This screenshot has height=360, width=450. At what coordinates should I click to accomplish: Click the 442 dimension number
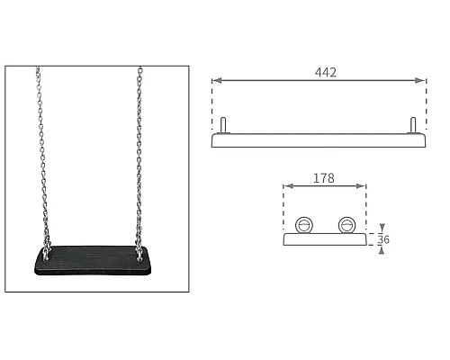pos(326,72)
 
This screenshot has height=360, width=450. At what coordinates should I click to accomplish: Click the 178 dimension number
pos(324,178)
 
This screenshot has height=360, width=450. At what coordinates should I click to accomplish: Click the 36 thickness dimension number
pos(383,239)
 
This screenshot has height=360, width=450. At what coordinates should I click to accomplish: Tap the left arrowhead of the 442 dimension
pos(217,80)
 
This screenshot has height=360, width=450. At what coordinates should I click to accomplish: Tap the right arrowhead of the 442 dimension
pos(420,80)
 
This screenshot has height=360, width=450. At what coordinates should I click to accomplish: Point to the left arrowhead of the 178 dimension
pos(288,186)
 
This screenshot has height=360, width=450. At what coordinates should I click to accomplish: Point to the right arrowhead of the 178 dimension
pos(360,186)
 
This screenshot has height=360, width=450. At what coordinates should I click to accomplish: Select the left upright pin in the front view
pos(223,125)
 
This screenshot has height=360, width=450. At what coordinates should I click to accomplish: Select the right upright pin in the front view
pos(413,125)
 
